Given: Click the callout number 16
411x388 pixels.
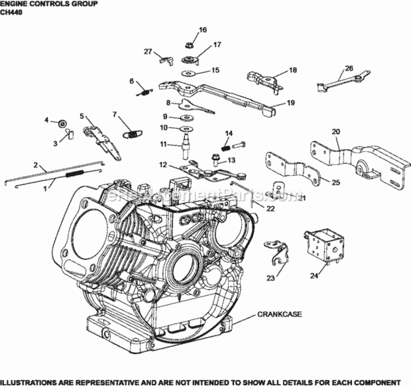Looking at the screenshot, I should coord(202,30).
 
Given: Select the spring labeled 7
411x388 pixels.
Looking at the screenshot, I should coord(131,133).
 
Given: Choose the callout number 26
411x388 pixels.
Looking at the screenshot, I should coord(349,68).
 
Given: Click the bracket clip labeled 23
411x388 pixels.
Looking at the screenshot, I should coord(277,252).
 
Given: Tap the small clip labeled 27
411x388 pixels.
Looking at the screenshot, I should coord(165,60).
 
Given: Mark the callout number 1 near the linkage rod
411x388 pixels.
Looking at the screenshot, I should coord(44,189).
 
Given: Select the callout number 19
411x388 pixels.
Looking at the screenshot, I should coord(291,103).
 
